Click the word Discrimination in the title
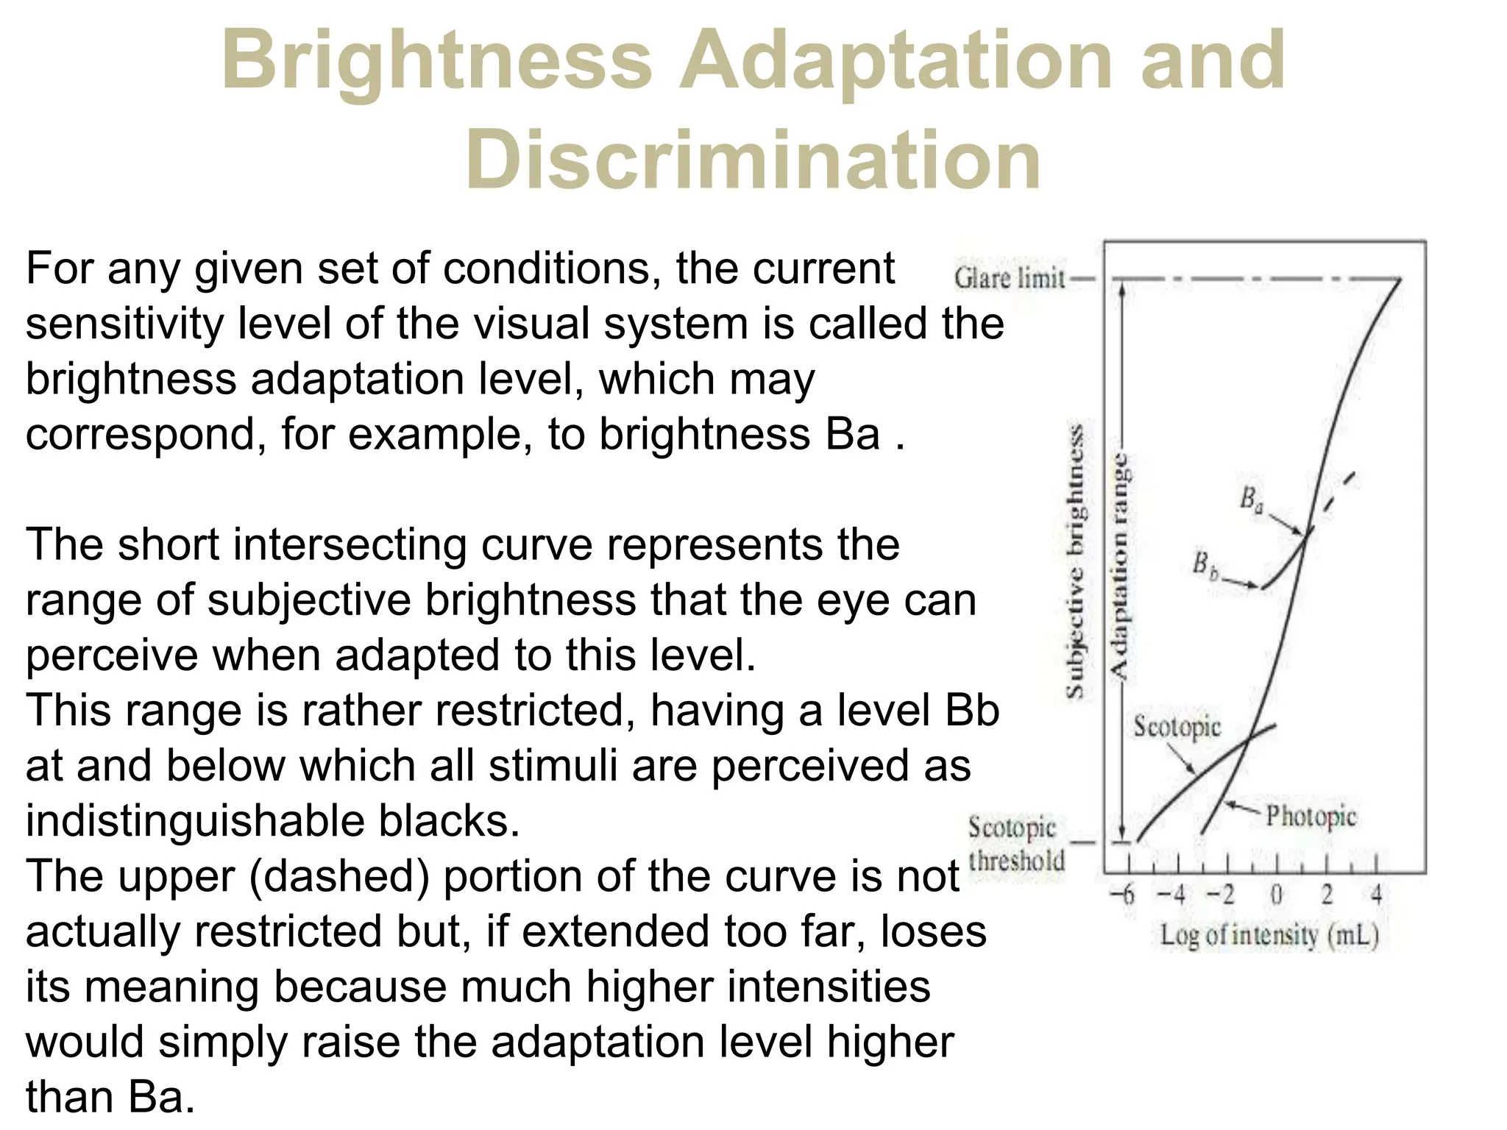click(x=753, y=160)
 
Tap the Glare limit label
click(x=1010, y=279)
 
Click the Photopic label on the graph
click(x=1311, y=817)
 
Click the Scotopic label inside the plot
click(x=1176, y=727)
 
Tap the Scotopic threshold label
click(x=1015, y=844)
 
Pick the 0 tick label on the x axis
click(x=1277, y=895)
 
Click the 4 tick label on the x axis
click(x=1376, y=895)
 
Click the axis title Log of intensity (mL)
click(x=1269, y=936)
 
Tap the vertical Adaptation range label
click(x=1119, y=566)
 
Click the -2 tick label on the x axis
click(x=1221, y=895)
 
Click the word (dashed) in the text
click(x=339, y=876)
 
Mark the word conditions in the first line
click(x=546, y=268)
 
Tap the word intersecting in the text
click(x=349, y=544)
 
